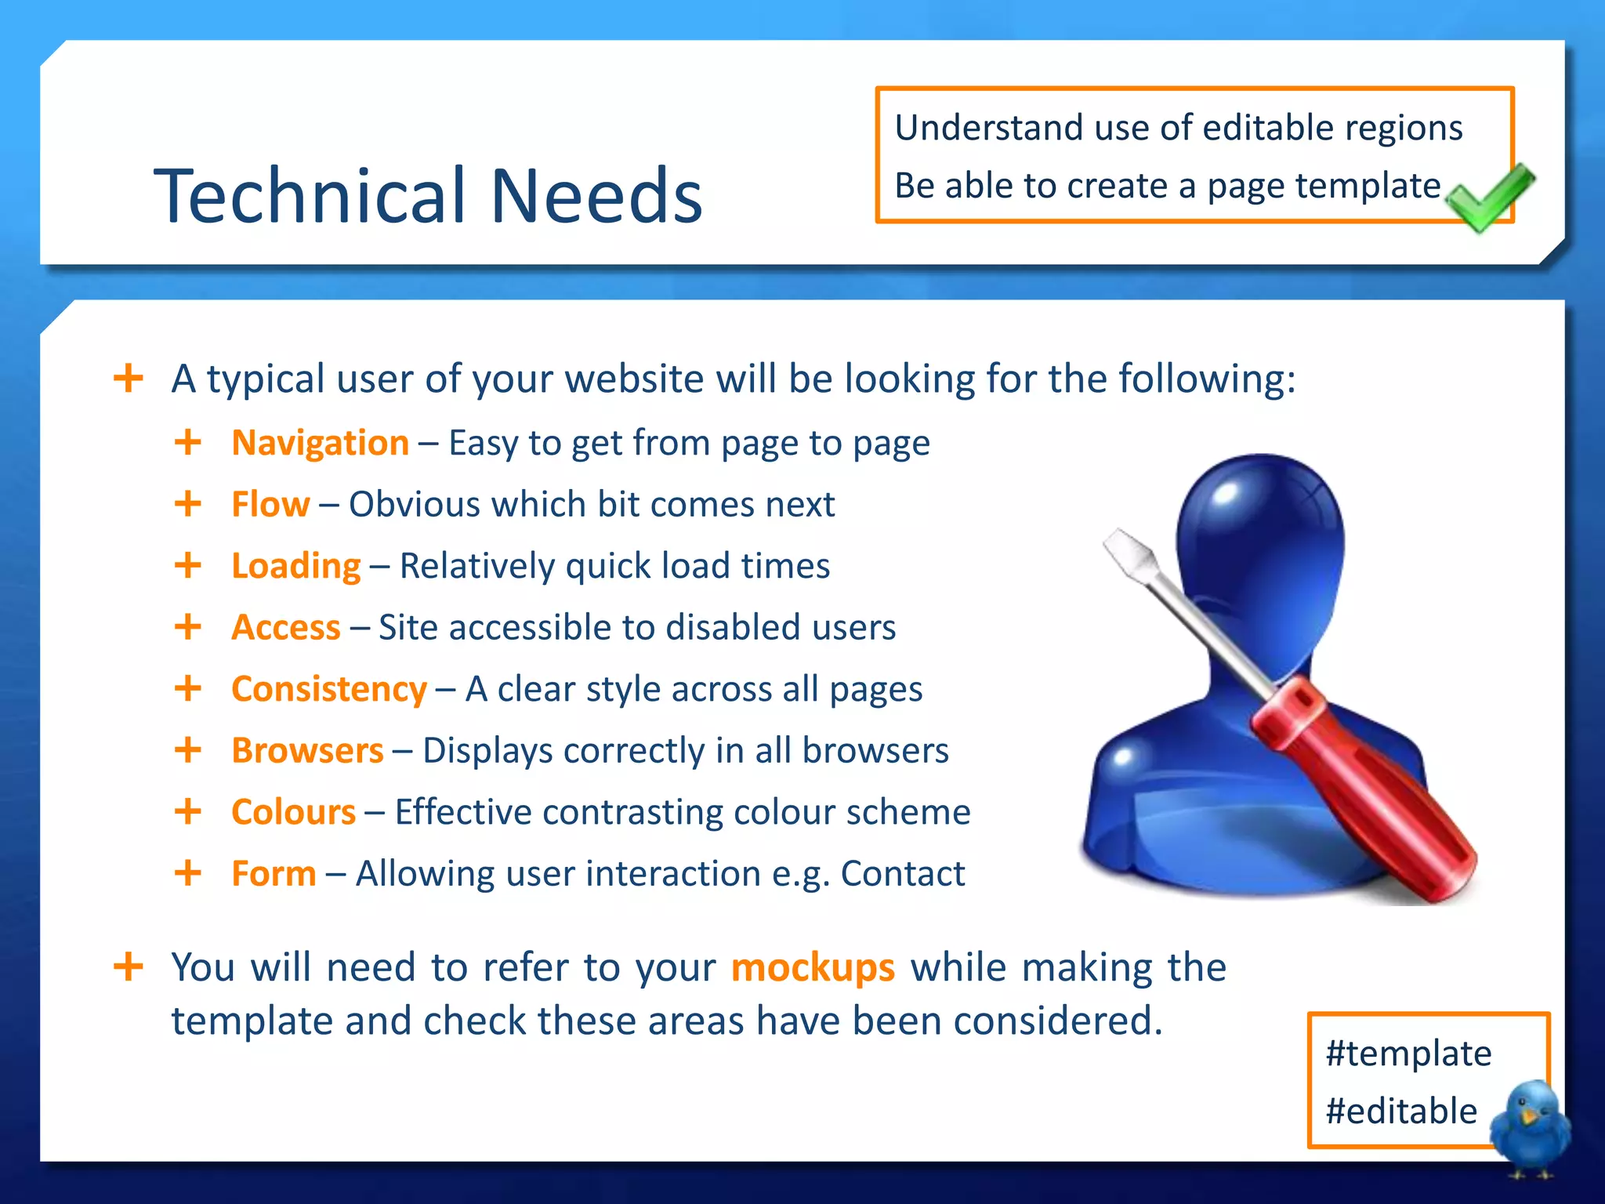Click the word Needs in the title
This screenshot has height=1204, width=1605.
pyautogui.click(x=596, y=195)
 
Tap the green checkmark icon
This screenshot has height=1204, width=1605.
pyautogui.click(x=1488, y=197)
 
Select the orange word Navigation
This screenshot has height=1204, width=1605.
pyautogui.click(x=320, y=443)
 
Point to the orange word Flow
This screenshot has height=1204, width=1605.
pyautogui.click(x=270, y=504)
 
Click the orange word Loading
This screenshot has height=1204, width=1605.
pyautogui.click(x=295, y=566)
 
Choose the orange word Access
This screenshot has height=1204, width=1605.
pyautogui.click(x=286, y=627)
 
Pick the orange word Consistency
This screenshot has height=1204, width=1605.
pyautogui.click(x=329, y=689)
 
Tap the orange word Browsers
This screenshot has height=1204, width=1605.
pyautogui.click(x=307, y=750)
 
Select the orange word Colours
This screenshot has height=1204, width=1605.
pyautogui.click(x=294, y=812)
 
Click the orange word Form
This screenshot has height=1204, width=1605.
pyautogui.click(x=274, y=873)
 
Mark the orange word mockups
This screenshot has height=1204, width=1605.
pyautogui.click(x=813, y=967)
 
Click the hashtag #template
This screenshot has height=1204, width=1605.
pyautogui.click(x=1408, y=1053)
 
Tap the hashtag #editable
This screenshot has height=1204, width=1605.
pyautogui.click(x=1401, y=1111)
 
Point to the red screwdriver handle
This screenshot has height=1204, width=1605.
pyautogui.click(x=1364, y=792)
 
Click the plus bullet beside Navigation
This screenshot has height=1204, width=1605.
pyautogui.click(x=188, y=442)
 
